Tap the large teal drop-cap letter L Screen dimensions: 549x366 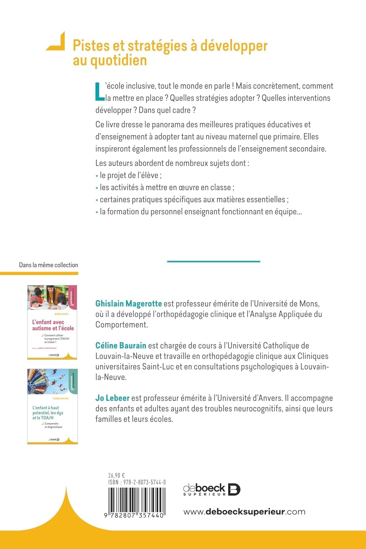pyautogui.click(x=100, y=91)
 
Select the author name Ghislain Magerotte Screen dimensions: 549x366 pyautogui.click(x=128, y=303)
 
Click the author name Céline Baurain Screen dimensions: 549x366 pyautogui.click(x=121, y=346)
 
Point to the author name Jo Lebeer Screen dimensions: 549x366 pyautogui.click(x=112, y=398)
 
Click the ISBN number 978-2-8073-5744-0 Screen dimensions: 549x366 pyautogui.click(x=145, y=482)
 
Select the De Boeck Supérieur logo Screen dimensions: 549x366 pyautogui.click(x=212, y=489)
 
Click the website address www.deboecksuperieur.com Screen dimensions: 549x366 pyautogui.click(x=244, y=512)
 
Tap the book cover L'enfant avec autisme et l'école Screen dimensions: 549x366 pyautogui.click(x=52, y=322)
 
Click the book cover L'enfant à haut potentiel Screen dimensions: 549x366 pyautogui.click(x=52, y=406)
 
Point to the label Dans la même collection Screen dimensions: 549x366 pyautogui.click(x=48, y=265)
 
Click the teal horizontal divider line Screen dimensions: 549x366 pyautogui.click(x=213, y=261)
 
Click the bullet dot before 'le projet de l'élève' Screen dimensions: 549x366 pyautogui.click(x=97, y=176)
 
